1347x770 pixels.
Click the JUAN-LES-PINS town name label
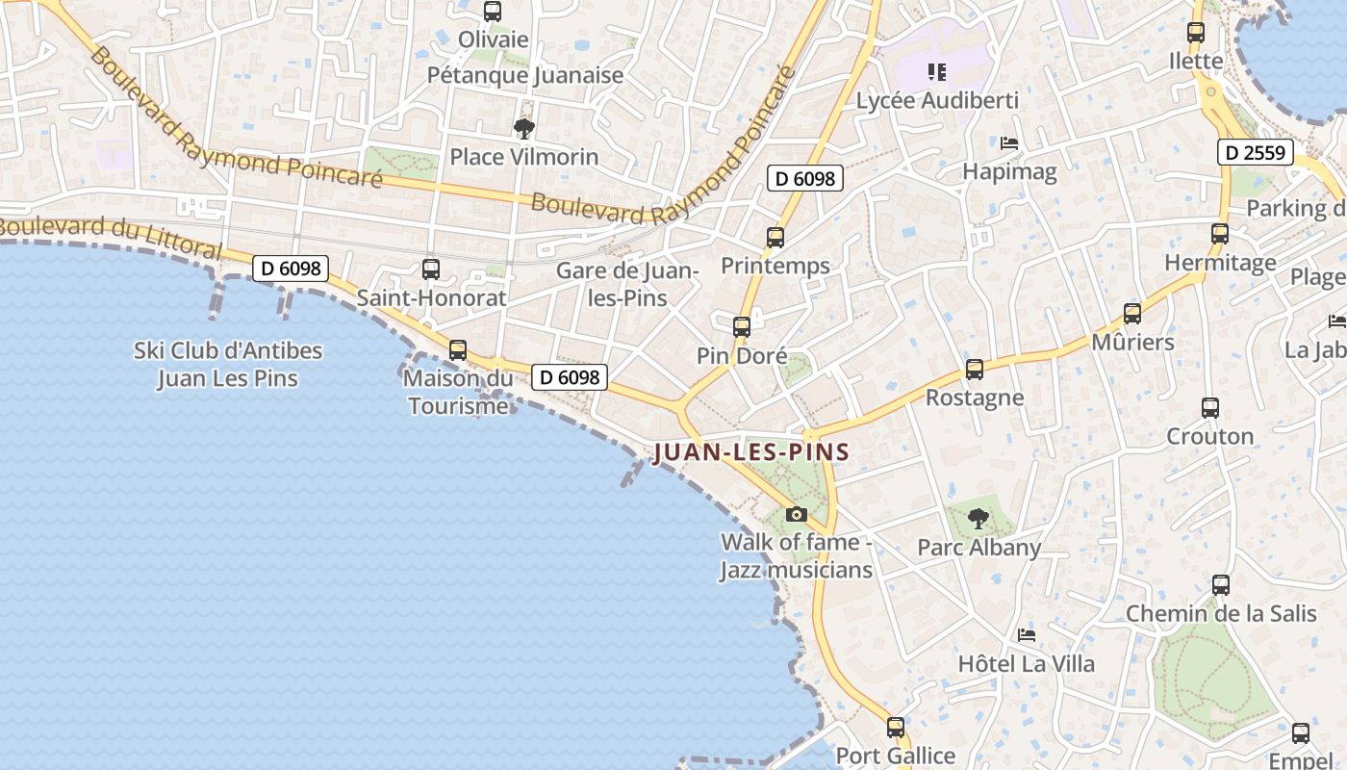click(x=750, y=452)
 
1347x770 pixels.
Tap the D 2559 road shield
click(x=1256, y=152)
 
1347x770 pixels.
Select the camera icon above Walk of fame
click(x=796, y=514)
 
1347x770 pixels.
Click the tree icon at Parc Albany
click(x=978, y=519)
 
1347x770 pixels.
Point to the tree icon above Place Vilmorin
click(x=523, y=128)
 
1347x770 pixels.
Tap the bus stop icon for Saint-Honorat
click(x=431, y=269)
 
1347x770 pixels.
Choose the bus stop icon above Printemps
click(x=775, y=237)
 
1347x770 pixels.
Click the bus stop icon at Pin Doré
click(x=742, y=327)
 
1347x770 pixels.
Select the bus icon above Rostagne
click(x=975, y=370)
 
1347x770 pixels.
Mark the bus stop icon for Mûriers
click(x=1132, y=314)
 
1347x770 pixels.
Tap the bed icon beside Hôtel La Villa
click(x=1027, y=635)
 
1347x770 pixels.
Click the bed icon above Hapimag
click(x=1009, y=143)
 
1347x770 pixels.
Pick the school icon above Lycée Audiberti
click(x=936, y=71)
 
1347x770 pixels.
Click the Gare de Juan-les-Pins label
click(x=627, y=284)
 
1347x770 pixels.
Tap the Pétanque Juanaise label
click(x=525, y=75)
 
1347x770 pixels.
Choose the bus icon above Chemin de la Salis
click(x=1221, y=585)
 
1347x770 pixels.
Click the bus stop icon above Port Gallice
click(x=896, y=728)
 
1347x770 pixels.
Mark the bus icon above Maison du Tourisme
click(x=458, y=350)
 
